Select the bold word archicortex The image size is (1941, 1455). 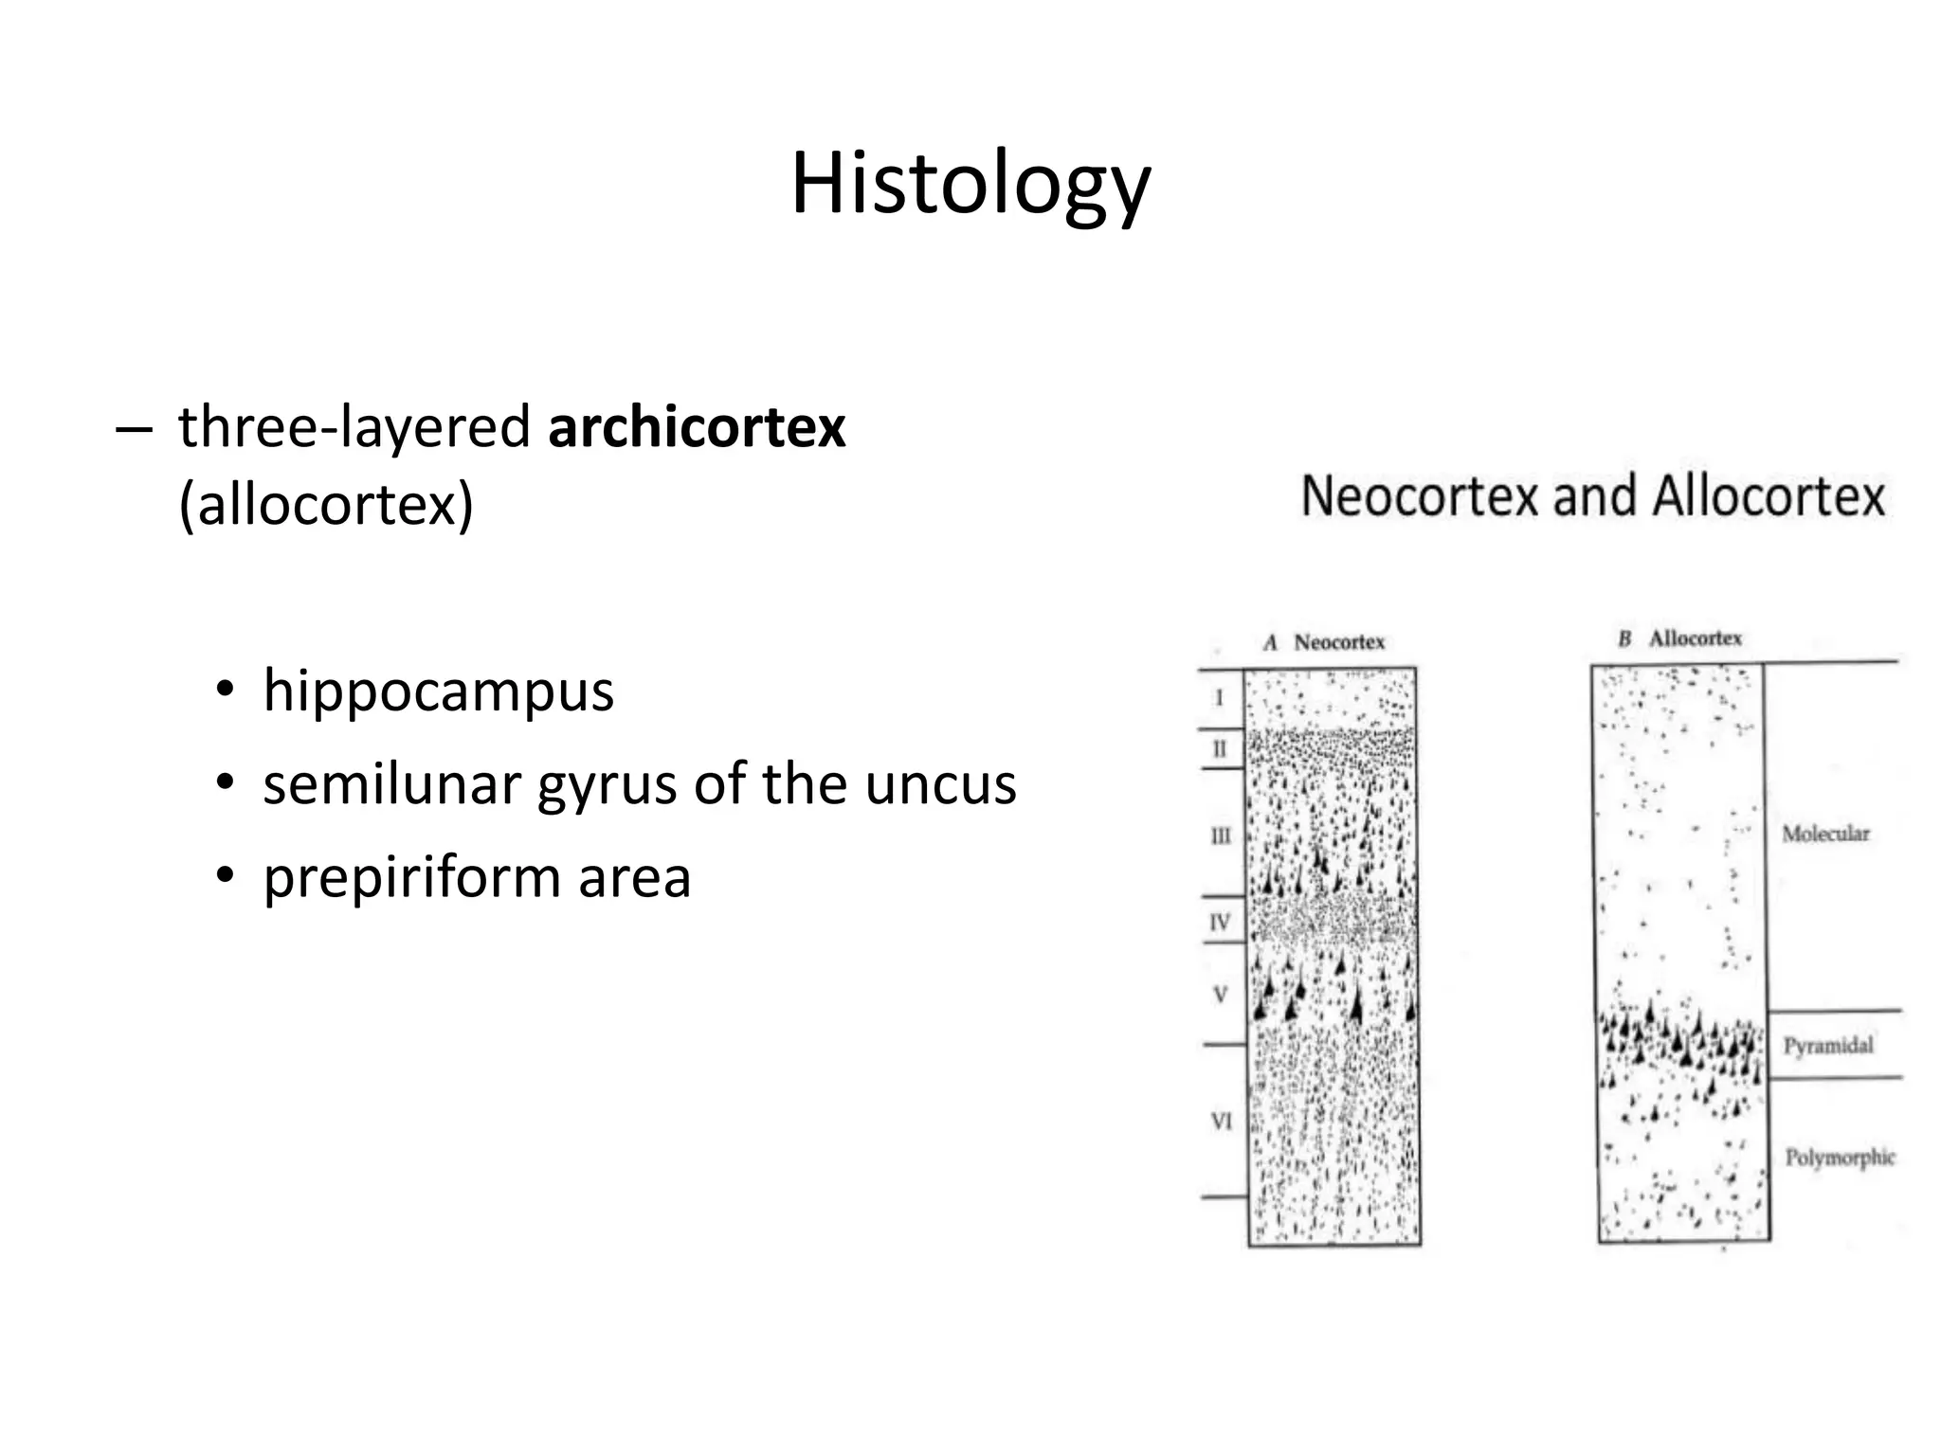697,427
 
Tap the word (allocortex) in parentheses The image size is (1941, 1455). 326,504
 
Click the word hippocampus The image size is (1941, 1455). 439,692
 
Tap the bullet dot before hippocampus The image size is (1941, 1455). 224,690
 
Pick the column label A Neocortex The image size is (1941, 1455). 1325,642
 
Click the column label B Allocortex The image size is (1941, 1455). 1680,638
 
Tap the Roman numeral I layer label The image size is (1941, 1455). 1219,698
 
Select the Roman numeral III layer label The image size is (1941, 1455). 1221,835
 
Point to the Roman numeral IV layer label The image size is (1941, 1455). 1220,922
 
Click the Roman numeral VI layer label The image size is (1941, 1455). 1221,1122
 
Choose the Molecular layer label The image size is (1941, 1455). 1825,834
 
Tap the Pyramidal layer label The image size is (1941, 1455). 1828,1046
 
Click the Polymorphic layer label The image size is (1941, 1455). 1840,1157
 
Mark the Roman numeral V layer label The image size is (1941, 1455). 1221,995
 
